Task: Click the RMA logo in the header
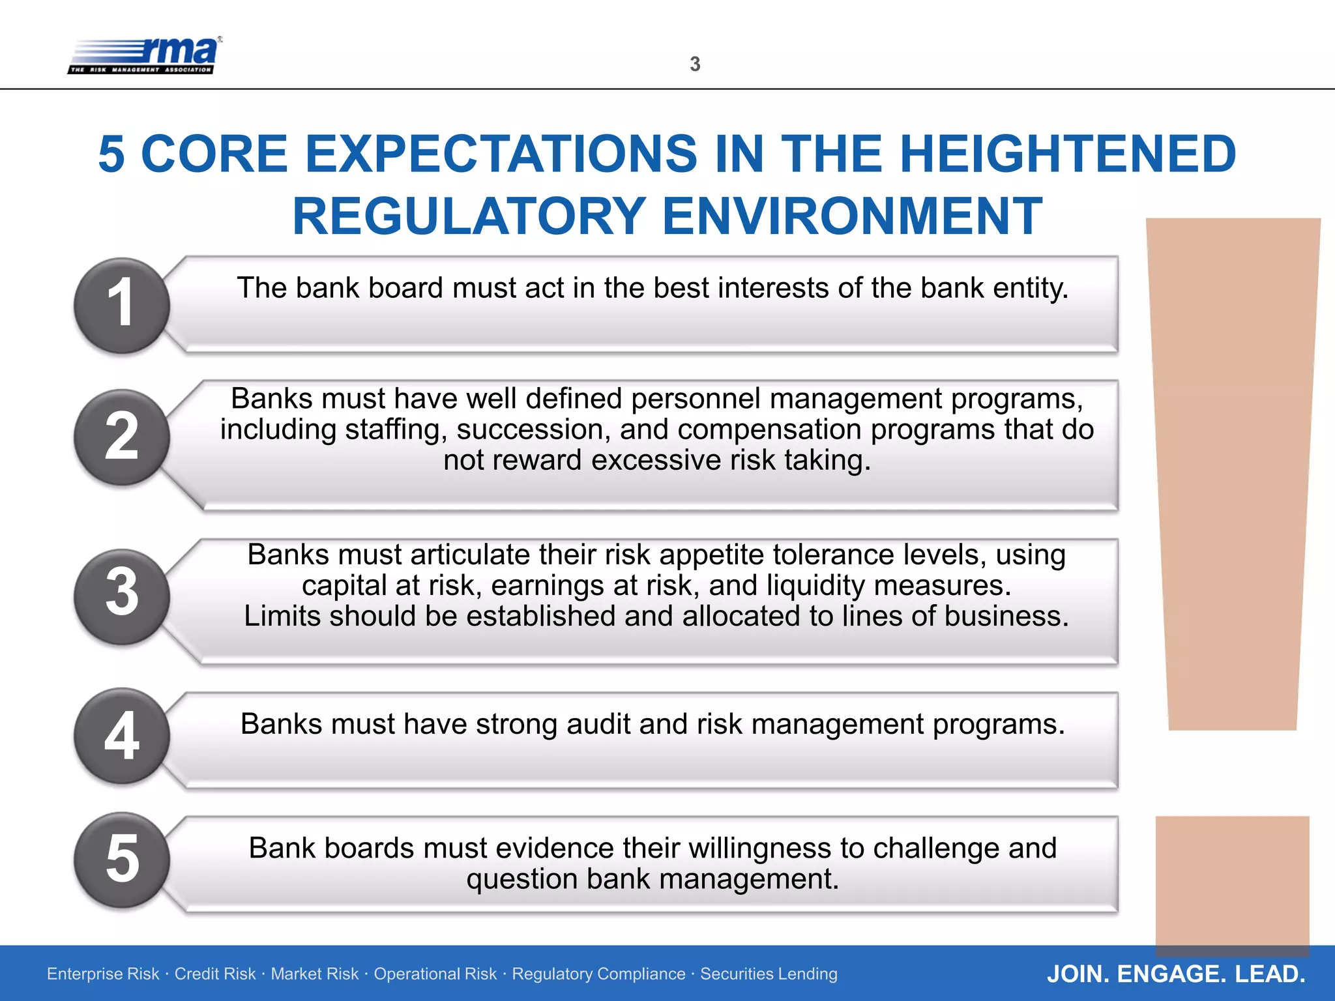click(145, 55)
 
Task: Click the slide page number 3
click(695, 64)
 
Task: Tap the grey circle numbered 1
click(122, 305)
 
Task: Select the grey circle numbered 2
click(122, 437)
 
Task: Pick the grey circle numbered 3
click(122, 596)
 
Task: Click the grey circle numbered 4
click(122, 736)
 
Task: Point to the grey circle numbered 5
click(122, 860)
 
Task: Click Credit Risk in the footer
click(214, 974)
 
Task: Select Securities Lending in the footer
click(769, 974)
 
